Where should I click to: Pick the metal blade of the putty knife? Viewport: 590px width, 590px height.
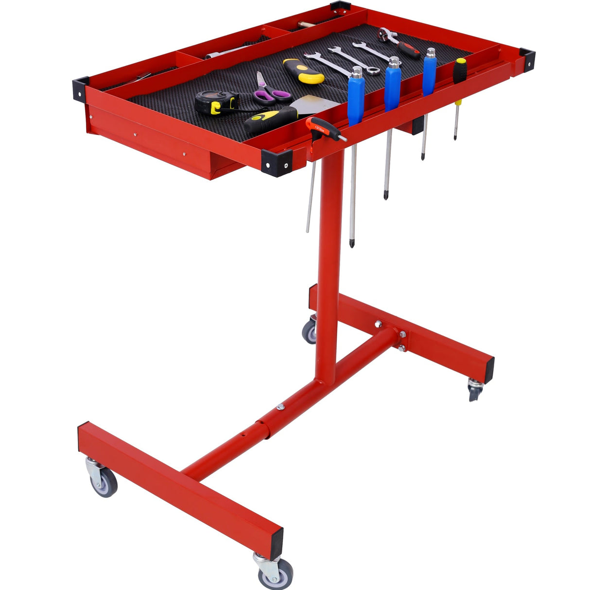coord(318,104)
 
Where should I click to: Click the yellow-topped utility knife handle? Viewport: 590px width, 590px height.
coord(304,71)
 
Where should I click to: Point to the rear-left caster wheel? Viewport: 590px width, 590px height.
coord(310,332)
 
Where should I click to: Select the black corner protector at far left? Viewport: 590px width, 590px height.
coord(81,89)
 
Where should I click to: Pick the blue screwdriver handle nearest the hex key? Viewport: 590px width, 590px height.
coord(356,97)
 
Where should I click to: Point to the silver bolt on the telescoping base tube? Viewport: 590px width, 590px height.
coord(280,407)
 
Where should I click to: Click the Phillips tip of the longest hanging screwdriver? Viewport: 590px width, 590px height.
coord(351,243)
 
